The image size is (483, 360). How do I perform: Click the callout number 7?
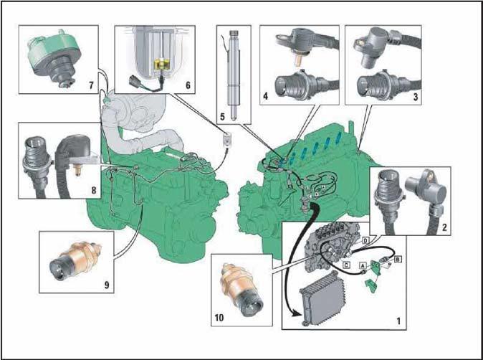click(x=91, y=85)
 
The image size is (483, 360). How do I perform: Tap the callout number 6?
click(x=188, y=85)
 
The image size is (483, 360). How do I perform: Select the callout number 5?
click(x=223, y=117)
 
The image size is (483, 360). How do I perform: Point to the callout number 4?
click(x=266, y=96)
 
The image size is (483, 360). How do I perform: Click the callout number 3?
click(x=416, y=97)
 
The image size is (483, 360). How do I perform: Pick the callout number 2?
click(x=444, y=228)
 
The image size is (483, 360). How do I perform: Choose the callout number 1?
click(x=398, y=321)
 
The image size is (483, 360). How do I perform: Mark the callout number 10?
click(x=219, y=318)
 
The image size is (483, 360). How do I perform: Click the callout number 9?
click(x=107, y=285)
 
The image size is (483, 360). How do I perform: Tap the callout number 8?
click(x=94, y=191)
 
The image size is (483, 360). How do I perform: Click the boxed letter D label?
click(x=365, y=240)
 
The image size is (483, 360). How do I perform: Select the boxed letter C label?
click(x=347, y=265)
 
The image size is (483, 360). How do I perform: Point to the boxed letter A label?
click(x=363, y=265)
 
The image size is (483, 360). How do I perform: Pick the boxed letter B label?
click(x=398, y=259)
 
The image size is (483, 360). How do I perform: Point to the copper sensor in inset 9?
click(x=75, y=260)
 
